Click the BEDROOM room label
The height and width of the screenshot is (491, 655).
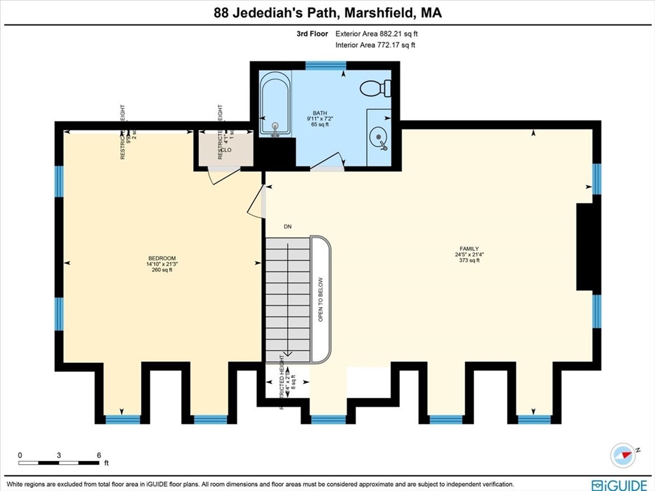click(x=161, y=258)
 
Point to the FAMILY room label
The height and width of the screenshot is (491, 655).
click(x=468, y=248)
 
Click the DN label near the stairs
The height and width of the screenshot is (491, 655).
click(x=288, y=226)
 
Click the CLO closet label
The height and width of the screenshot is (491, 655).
click(x=227, y=150)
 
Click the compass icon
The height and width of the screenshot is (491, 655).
click(x=622, y=454)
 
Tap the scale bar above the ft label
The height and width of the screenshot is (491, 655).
click(x=59, y=462)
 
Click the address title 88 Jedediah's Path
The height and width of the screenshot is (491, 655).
click(x=327, y=12)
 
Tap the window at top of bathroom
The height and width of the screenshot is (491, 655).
click(x=326, y=65)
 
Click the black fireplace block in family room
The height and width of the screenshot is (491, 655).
click(x=585, y=247)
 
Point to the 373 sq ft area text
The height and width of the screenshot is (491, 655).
click(x=469, y=261)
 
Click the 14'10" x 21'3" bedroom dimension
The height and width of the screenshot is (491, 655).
click(x=161, y=264)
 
